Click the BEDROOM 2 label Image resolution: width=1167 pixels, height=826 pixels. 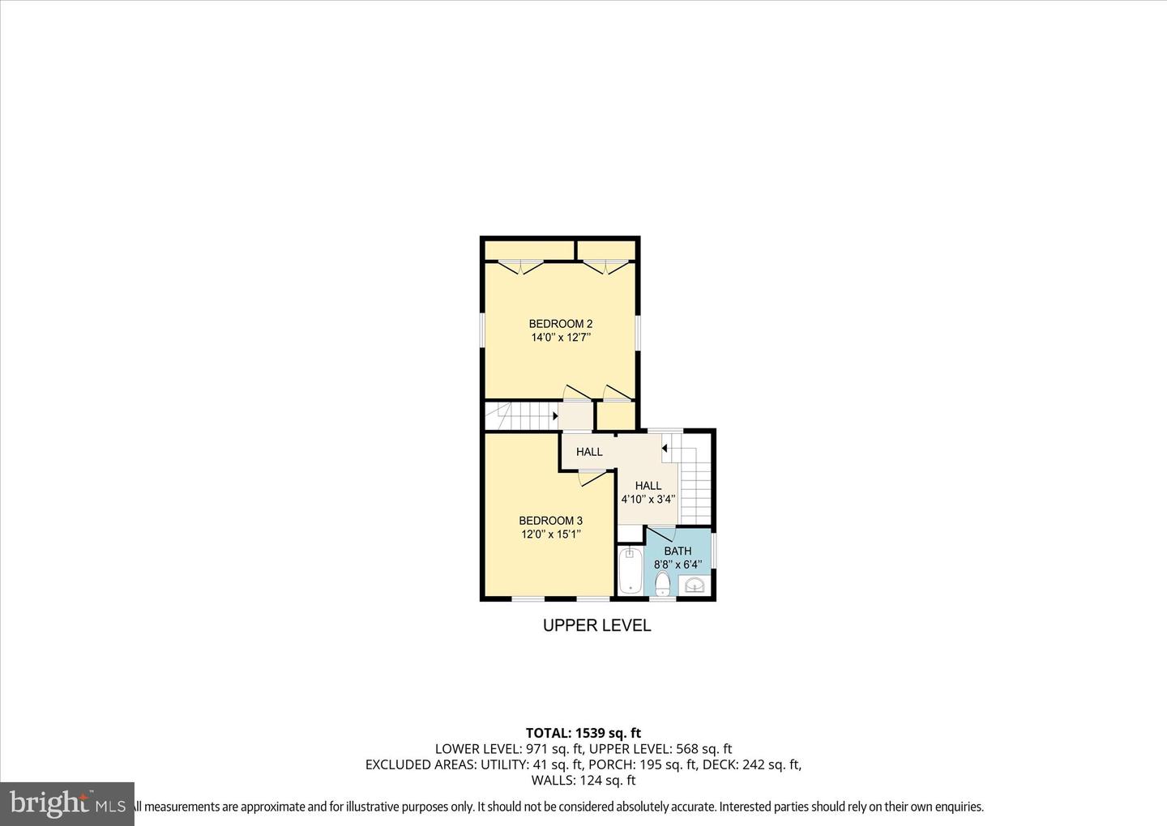click(x=561, y=324)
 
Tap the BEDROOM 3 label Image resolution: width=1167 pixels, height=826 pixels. click(x=551, y=521)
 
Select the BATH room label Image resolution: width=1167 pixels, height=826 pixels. click(x=678, y=551)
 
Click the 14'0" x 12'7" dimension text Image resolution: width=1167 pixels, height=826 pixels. click(x=561, y=338)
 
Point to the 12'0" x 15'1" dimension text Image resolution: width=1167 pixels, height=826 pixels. click(x=551, y=534)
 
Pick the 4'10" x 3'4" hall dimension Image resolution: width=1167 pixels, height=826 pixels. click(x=648, y=500)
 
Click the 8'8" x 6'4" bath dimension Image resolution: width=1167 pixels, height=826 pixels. click(x=678, y=565)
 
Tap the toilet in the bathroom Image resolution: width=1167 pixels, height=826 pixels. click(x=663, y=583)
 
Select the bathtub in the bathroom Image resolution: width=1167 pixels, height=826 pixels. click(x=630, y=572)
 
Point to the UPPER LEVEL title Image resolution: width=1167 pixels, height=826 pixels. click(x=596, y=626)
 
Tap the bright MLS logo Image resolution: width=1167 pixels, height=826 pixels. click(x=67, y=803)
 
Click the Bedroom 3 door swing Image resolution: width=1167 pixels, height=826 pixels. click(x=592, y=479)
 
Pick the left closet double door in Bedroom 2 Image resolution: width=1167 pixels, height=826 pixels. click(x=520, y=266)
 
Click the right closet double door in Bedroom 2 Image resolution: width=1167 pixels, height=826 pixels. click(x=608, y=266)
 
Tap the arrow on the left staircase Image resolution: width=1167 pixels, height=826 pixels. click(x=554, y=417)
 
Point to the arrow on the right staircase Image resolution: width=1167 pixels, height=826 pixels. click(x=665, y=448)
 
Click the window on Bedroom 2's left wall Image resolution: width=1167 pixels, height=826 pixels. click(x=482, y=332)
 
